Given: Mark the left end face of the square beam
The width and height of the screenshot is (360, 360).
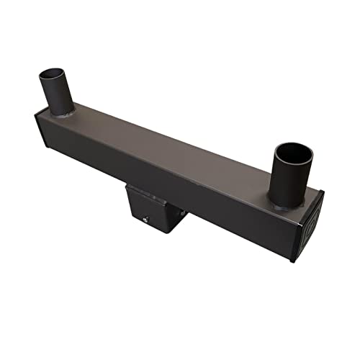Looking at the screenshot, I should [x=40, y=137].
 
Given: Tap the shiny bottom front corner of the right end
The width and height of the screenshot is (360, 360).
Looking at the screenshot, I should [x=292, y=261].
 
